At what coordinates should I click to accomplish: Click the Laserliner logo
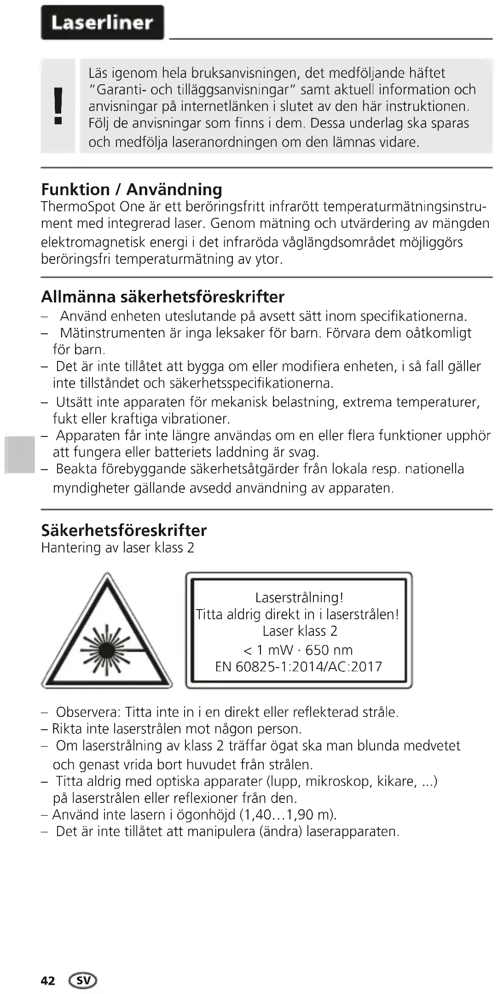click(x=102, y=23)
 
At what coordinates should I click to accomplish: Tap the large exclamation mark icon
click(x=58, y=106)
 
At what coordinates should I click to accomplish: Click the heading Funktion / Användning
click(x=132, y=189)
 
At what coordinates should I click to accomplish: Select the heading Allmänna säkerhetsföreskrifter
click(x=162, y=296)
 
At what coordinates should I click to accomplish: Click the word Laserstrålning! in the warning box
click(x=299, y=598)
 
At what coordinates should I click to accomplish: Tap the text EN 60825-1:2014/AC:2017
click(x=299, y=667)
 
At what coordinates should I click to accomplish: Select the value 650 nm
click(x=329, y=650)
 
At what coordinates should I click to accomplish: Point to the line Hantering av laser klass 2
click(x=118, y=548)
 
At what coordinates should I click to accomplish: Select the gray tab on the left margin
click(x=20, y=455)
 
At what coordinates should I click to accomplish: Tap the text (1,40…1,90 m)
click(x=289, y=814)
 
